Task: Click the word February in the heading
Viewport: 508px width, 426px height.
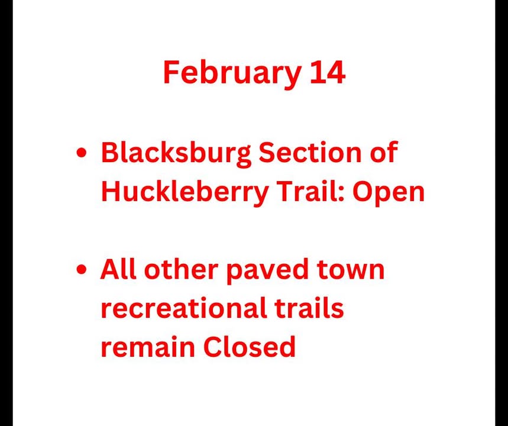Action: click(232, 73)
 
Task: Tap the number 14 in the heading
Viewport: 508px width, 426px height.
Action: click(328, 73)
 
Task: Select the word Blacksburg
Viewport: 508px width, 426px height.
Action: click(176, 153)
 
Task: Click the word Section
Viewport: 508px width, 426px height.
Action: click(310, 153)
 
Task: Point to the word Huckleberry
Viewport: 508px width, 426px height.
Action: click(185, 192)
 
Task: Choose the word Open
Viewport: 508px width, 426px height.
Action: click(389, 193)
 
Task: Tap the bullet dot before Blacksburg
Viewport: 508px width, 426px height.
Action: click(82, 153)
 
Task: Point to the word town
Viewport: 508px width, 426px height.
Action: click(351, 270)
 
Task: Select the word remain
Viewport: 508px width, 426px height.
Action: click(148, 347)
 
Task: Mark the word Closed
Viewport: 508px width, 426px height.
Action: click(250, 346)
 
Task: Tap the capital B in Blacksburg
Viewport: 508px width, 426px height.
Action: click(109, 153)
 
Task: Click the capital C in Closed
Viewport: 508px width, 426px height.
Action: click(213, 347)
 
